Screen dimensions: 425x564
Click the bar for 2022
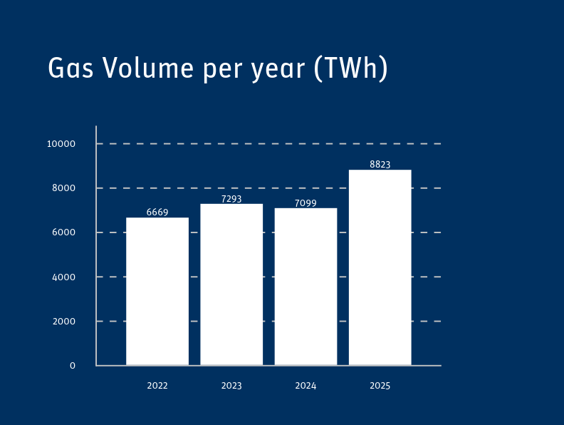pyautogui.click(x=157, y=292)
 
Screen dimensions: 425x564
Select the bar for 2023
pyautogui.click(x=231, y=285)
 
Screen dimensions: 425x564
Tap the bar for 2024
pyautogui.click(x=305, y=287)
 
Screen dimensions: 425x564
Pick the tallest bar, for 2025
pyautogui.click(x=380, y=267)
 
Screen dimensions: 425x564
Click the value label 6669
pyautogui.click(x=157, y=212)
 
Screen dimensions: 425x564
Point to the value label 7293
pyautogui.click(x=231, y=199)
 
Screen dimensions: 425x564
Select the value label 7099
pyautogui.click(x=305, y=203)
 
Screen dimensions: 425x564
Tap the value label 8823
pyautogui.click(x=380, y=165)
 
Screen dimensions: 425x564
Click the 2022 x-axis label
pyautogui.click(x=157, y=386)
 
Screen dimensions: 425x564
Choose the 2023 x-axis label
pyautogui.click(x=231, y=386)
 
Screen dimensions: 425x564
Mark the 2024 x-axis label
pyautogui.click(x=305, y=386)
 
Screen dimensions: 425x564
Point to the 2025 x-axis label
pyautogui.click(x=380, y=386)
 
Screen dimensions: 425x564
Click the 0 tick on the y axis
pyautogui.click(x=73, y=366)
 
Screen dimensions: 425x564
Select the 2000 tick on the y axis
pyautogui.click(x=65, y=322)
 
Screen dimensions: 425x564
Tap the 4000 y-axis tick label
pyautogui.click(x=65, y=277)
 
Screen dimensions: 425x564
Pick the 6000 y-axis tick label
pyautogui.click(x=65, y=233)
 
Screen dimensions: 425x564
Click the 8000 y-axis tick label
pyautogui.click(x=65, y=189)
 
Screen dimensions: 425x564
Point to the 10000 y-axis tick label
pyautogui.click(x=62, y=144)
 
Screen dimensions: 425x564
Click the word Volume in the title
pyautogui.click(x=148, y=68)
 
